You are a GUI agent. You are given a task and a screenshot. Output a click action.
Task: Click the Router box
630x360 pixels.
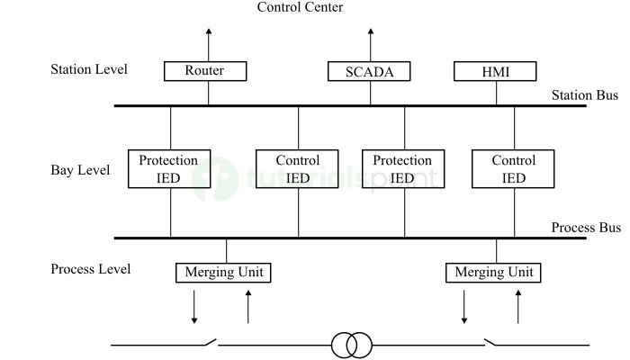pyautogui.click(x=205, y=71)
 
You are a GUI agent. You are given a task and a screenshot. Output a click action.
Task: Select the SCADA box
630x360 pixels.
pyautogui.click(x=369, y=71)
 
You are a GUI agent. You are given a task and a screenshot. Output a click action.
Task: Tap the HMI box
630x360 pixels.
pyautogui.click(x=495, y=71)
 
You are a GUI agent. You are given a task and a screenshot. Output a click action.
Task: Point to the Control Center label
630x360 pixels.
pyautogui.click(x=300, y=7)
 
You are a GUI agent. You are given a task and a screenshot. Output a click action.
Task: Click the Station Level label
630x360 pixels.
pyautogui.click(x=89, y=69)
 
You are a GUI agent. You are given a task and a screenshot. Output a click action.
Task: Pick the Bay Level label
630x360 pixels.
pyautogui.click(x=80, y=169)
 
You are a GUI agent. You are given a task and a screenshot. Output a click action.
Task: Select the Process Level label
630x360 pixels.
pyautogui.click(x=90, y=269)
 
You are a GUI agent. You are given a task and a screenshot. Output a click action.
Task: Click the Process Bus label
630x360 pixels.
pyautogui.click(x=585, y=228)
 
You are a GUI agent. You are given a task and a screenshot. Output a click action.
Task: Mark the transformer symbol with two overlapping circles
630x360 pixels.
pyautogui.click(x=351, y=345)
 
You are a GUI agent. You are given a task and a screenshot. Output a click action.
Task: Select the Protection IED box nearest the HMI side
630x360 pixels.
pyautogui.click(x=402, y=169)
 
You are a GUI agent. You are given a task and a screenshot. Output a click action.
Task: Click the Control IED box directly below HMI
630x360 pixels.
pyautogui.click(x=514, y=169)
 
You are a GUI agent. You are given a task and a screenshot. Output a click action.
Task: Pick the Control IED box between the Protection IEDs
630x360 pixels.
pyautogui.click(x=298, y=169)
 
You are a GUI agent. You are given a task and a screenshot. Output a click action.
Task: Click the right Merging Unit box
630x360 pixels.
pyautogui.click(x=494, y=272)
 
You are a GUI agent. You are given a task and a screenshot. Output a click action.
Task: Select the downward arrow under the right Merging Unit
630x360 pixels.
pyautogui.click(x=464, y=306)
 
